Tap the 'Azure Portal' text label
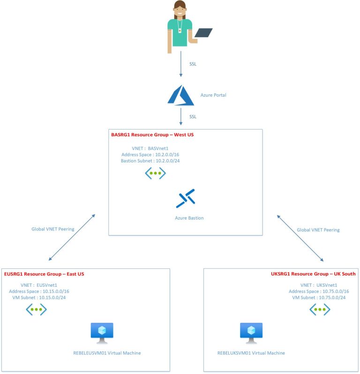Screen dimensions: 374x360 pos(213,95)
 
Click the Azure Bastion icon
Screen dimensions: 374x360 pos(186,198)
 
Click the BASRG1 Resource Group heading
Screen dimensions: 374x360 pos(152,135)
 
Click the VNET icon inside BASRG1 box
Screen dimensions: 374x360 pos(155,173)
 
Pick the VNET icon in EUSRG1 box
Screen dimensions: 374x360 pos(36,309)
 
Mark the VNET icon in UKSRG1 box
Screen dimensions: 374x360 pos(320,309)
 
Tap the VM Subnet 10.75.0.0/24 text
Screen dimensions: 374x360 pos(319,298)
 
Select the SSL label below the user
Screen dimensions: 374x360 pos(193,64)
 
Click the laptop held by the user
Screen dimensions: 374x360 pos(203,33)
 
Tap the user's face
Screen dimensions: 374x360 pos(181,8)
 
